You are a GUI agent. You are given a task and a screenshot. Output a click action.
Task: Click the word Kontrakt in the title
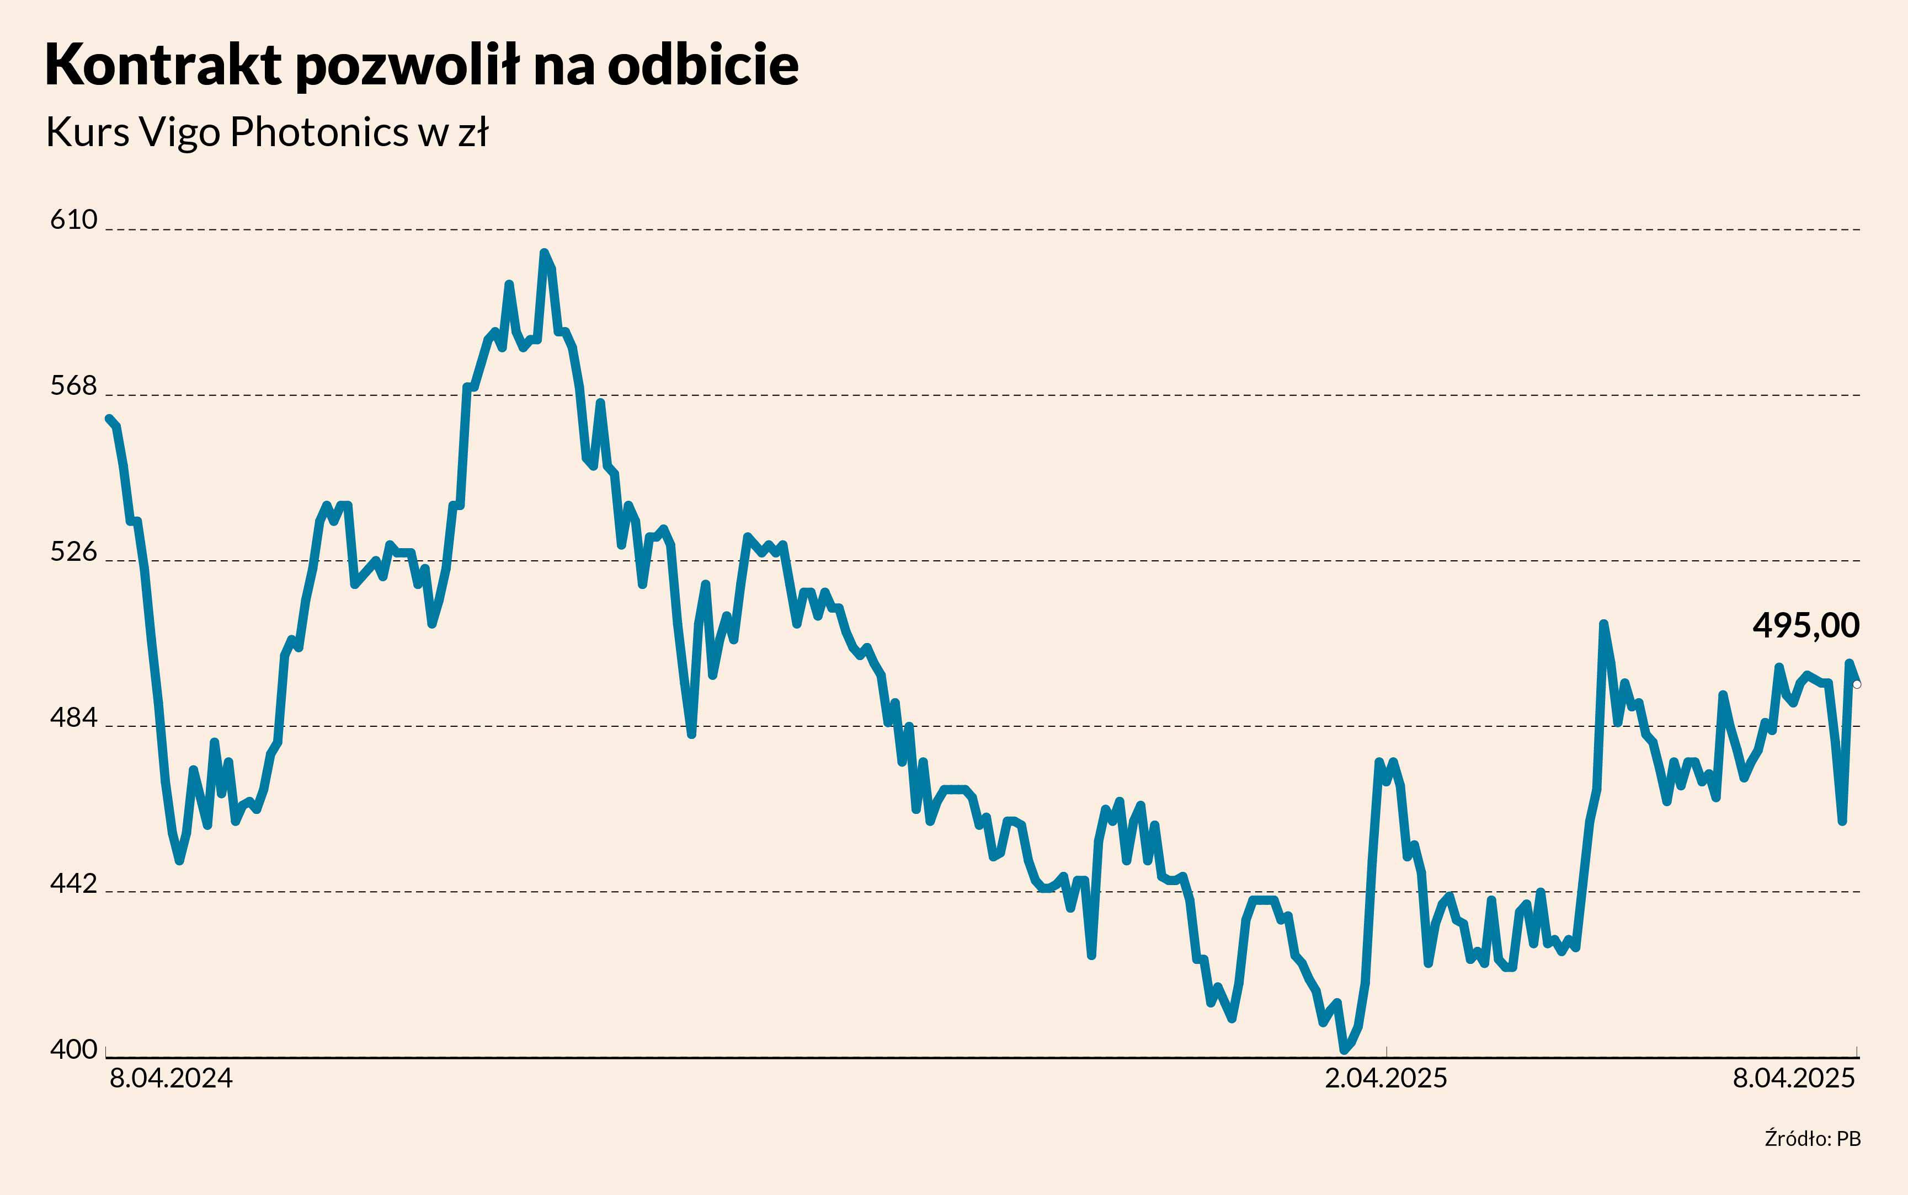[163, 65]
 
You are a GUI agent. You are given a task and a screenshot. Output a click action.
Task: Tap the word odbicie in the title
[703, 65]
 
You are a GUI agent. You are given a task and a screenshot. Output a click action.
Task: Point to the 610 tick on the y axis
[73, 219]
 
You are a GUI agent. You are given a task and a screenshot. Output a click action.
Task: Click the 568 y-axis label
[73, 385]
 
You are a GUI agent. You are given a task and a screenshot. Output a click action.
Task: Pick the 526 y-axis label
[73, 551]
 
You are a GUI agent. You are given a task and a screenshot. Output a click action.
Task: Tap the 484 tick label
[73, 717]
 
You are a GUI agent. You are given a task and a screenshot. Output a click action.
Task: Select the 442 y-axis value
[73, 883]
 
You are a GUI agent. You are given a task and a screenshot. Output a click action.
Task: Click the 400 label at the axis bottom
[73, 1049]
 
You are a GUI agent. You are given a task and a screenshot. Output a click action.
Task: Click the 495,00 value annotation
[1806, 625]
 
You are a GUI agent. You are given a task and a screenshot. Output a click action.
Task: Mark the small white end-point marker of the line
[1857, 684]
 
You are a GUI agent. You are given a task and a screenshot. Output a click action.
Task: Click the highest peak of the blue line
[543, 253]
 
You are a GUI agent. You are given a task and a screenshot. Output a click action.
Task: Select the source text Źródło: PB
[1813, 1139]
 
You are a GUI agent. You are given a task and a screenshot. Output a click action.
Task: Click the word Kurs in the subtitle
[87, 132]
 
